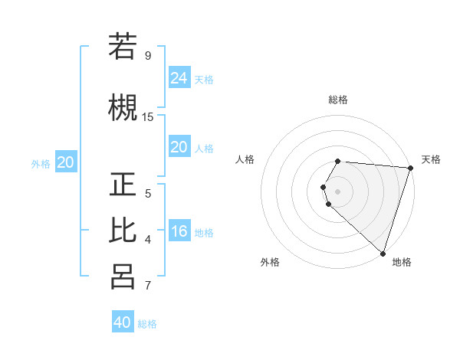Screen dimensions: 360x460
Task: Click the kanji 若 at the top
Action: tap(123, 47)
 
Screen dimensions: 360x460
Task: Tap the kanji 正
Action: tap(123, 185)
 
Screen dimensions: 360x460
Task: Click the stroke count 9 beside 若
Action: tap(148, 56)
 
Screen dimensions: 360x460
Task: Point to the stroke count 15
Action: tap(148, 117)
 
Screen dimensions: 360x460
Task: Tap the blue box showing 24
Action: tap(179, 78)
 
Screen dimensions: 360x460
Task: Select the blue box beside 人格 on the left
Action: tap(179, 147)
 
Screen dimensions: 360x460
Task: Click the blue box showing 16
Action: tap(179, 232)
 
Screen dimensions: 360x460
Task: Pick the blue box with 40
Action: tap(123, 322)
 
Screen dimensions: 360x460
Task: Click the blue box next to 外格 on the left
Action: tap(66, 162)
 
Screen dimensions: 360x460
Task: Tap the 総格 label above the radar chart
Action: tap(338, 100)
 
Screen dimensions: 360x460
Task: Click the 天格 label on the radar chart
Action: tap(431, 159)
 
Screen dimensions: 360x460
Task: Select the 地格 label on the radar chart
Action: tap(402, 262)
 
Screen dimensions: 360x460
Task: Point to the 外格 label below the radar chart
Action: tap(270, 262)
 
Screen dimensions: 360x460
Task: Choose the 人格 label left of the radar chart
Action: tap(245, 159)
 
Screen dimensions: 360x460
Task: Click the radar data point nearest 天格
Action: tap(410, 168)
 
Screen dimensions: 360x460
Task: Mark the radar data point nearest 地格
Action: tap(383, 253)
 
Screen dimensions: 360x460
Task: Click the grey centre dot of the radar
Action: tap(338, 191)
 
